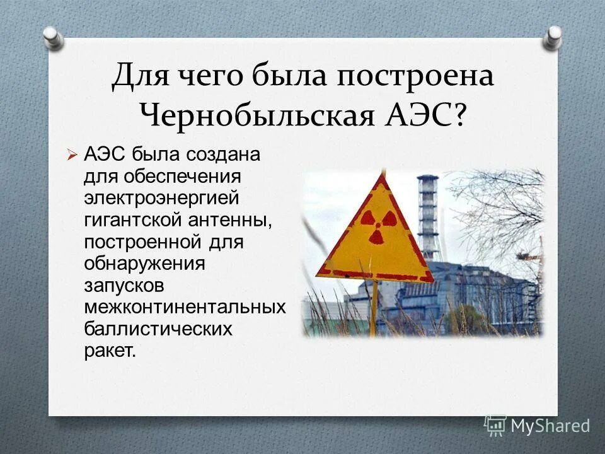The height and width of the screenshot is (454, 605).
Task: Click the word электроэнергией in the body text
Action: (162, 198)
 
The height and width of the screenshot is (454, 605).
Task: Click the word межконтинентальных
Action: (185, 307)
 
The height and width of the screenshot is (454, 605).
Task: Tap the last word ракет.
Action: (109, 351)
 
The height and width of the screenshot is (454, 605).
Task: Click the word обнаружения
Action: (145, 264)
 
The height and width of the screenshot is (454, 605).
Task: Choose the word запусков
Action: (124, 285)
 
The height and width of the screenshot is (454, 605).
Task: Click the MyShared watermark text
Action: (550, 426)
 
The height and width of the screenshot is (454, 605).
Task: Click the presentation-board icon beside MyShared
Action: (496, 425)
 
